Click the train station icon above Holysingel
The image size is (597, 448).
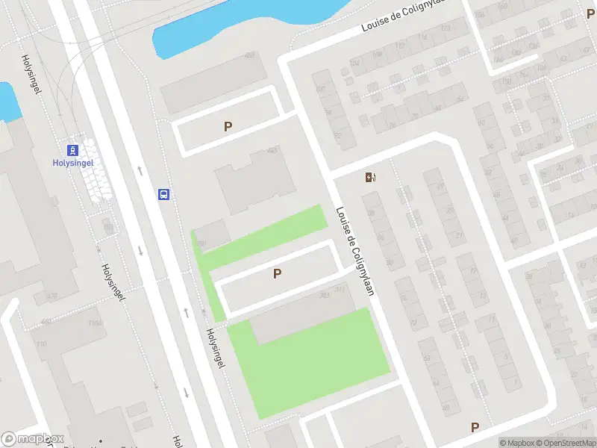[x=72, y=149]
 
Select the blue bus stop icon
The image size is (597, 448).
[x=163, y=194]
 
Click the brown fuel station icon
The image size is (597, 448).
[x=370, y=177]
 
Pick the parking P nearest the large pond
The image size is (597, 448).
[x=228, y=127]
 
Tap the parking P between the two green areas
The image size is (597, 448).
[x=277, y=274]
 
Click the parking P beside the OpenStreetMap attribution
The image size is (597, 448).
[x=475, y=427]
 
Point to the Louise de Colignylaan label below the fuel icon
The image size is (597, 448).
[x=354, y=251]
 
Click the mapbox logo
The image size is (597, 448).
[x=32, y=439]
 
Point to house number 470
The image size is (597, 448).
[x=51, y=296]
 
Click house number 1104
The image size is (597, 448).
[x=95, y=323]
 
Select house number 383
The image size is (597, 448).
[x=324, y=296]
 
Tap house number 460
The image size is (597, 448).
[x=46, y=322]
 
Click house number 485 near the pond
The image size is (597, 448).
[x=249, y=55]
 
